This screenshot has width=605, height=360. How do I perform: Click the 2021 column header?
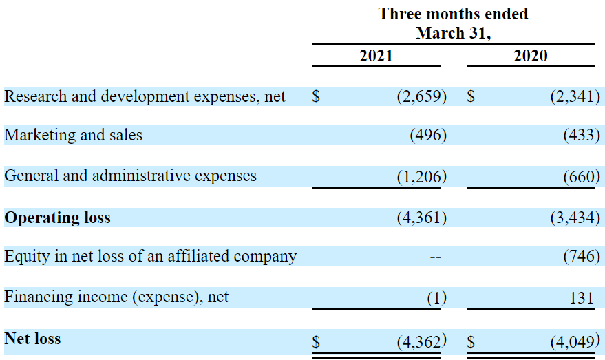[376, 56]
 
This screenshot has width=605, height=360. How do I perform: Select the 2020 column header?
[530, 56]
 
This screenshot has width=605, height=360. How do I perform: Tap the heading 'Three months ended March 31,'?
[453, 23]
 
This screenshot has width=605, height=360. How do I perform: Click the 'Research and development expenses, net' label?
[145, 96]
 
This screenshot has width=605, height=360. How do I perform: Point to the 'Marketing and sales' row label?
[74, 135]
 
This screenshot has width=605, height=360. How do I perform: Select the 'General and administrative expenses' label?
[130, 176]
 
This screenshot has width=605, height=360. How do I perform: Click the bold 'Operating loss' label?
[57, 218]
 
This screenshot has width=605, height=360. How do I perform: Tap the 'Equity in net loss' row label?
[150, 257]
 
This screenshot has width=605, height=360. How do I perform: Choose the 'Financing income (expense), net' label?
[116, 297]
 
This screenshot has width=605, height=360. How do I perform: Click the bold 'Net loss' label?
[32, 339]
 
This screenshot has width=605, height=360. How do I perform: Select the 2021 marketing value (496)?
[427, 136]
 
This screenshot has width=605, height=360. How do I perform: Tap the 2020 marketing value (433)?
[581, 136]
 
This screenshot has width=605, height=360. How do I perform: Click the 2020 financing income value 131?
[582, 298]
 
